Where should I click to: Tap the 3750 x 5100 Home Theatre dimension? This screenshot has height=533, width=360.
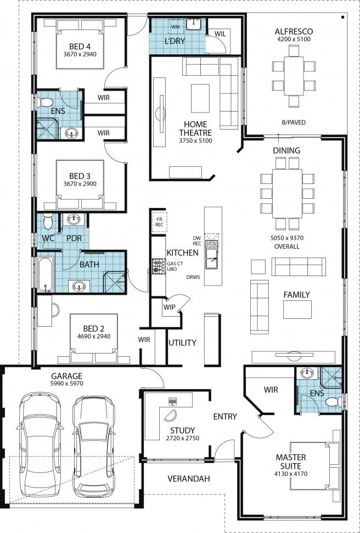(x=195, y=141)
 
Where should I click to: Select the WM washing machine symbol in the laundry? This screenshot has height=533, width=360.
(x=175, y=25)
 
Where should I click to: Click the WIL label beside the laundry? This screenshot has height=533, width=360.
(x=220, y=33)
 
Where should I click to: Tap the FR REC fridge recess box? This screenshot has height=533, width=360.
(x=159, y=221)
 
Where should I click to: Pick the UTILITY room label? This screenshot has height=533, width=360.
(x=182, y=343)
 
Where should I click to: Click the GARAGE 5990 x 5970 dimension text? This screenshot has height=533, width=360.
(x=66, y=385)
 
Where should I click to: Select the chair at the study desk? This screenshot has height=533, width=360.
(x=172, y=414)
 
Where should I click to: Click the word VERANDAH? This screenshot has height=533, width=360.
(x=188, y=479)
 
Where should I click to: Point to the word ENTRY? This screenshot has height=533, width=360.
(x=225, y=417)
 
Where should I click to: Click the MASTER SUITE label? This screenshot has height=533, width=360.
(x=291, y=461)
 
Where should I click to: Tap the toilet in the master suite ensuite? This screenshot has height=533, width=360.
(x=333, y=402)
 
